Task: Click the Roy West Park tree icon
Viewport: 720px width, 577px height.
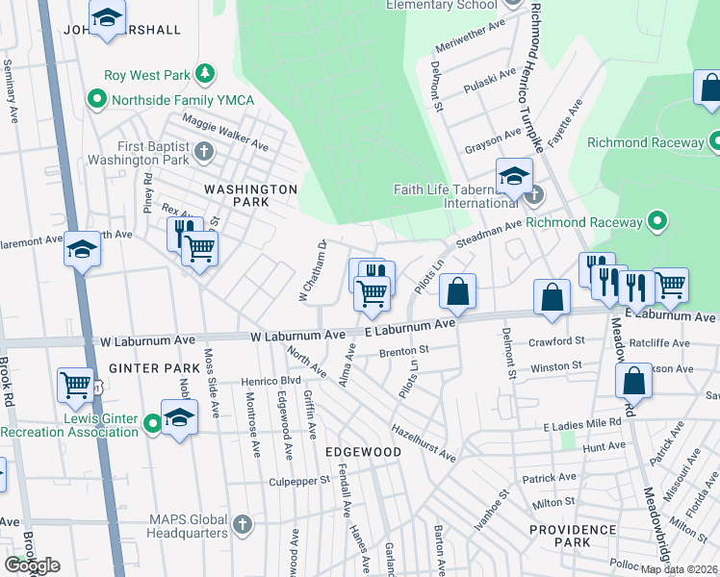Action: pyautogui.click(x=204, y=74)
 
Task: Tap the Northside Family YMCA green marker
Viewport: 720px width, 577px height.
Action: pyautogui.click(x=96, y=99)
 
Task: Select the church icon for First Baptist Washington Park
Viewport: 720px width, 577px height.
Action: pyautogui.click(x=203, y=151)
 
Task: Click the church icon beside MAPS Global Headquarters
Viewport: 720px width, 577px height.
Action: pyautogui.click(x=242, y=526)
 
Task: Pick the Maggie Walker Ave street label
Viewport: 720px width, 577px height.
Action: pyautogui.click(x=221, y=132)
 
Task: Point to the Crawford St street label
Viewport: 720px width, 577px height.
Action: pyautogui.click(x=557, y=341)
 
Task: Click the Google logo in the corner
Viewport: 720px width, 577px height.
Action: pyautogui.click(x=32, y=565)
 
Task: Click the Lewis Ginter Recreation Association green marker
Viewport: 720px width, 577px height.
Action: pyautogui.click(x=152, y=424)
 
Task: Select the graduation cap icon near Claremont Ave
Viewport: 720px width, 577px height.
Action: pyautogui.click(x=83, y=250)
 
